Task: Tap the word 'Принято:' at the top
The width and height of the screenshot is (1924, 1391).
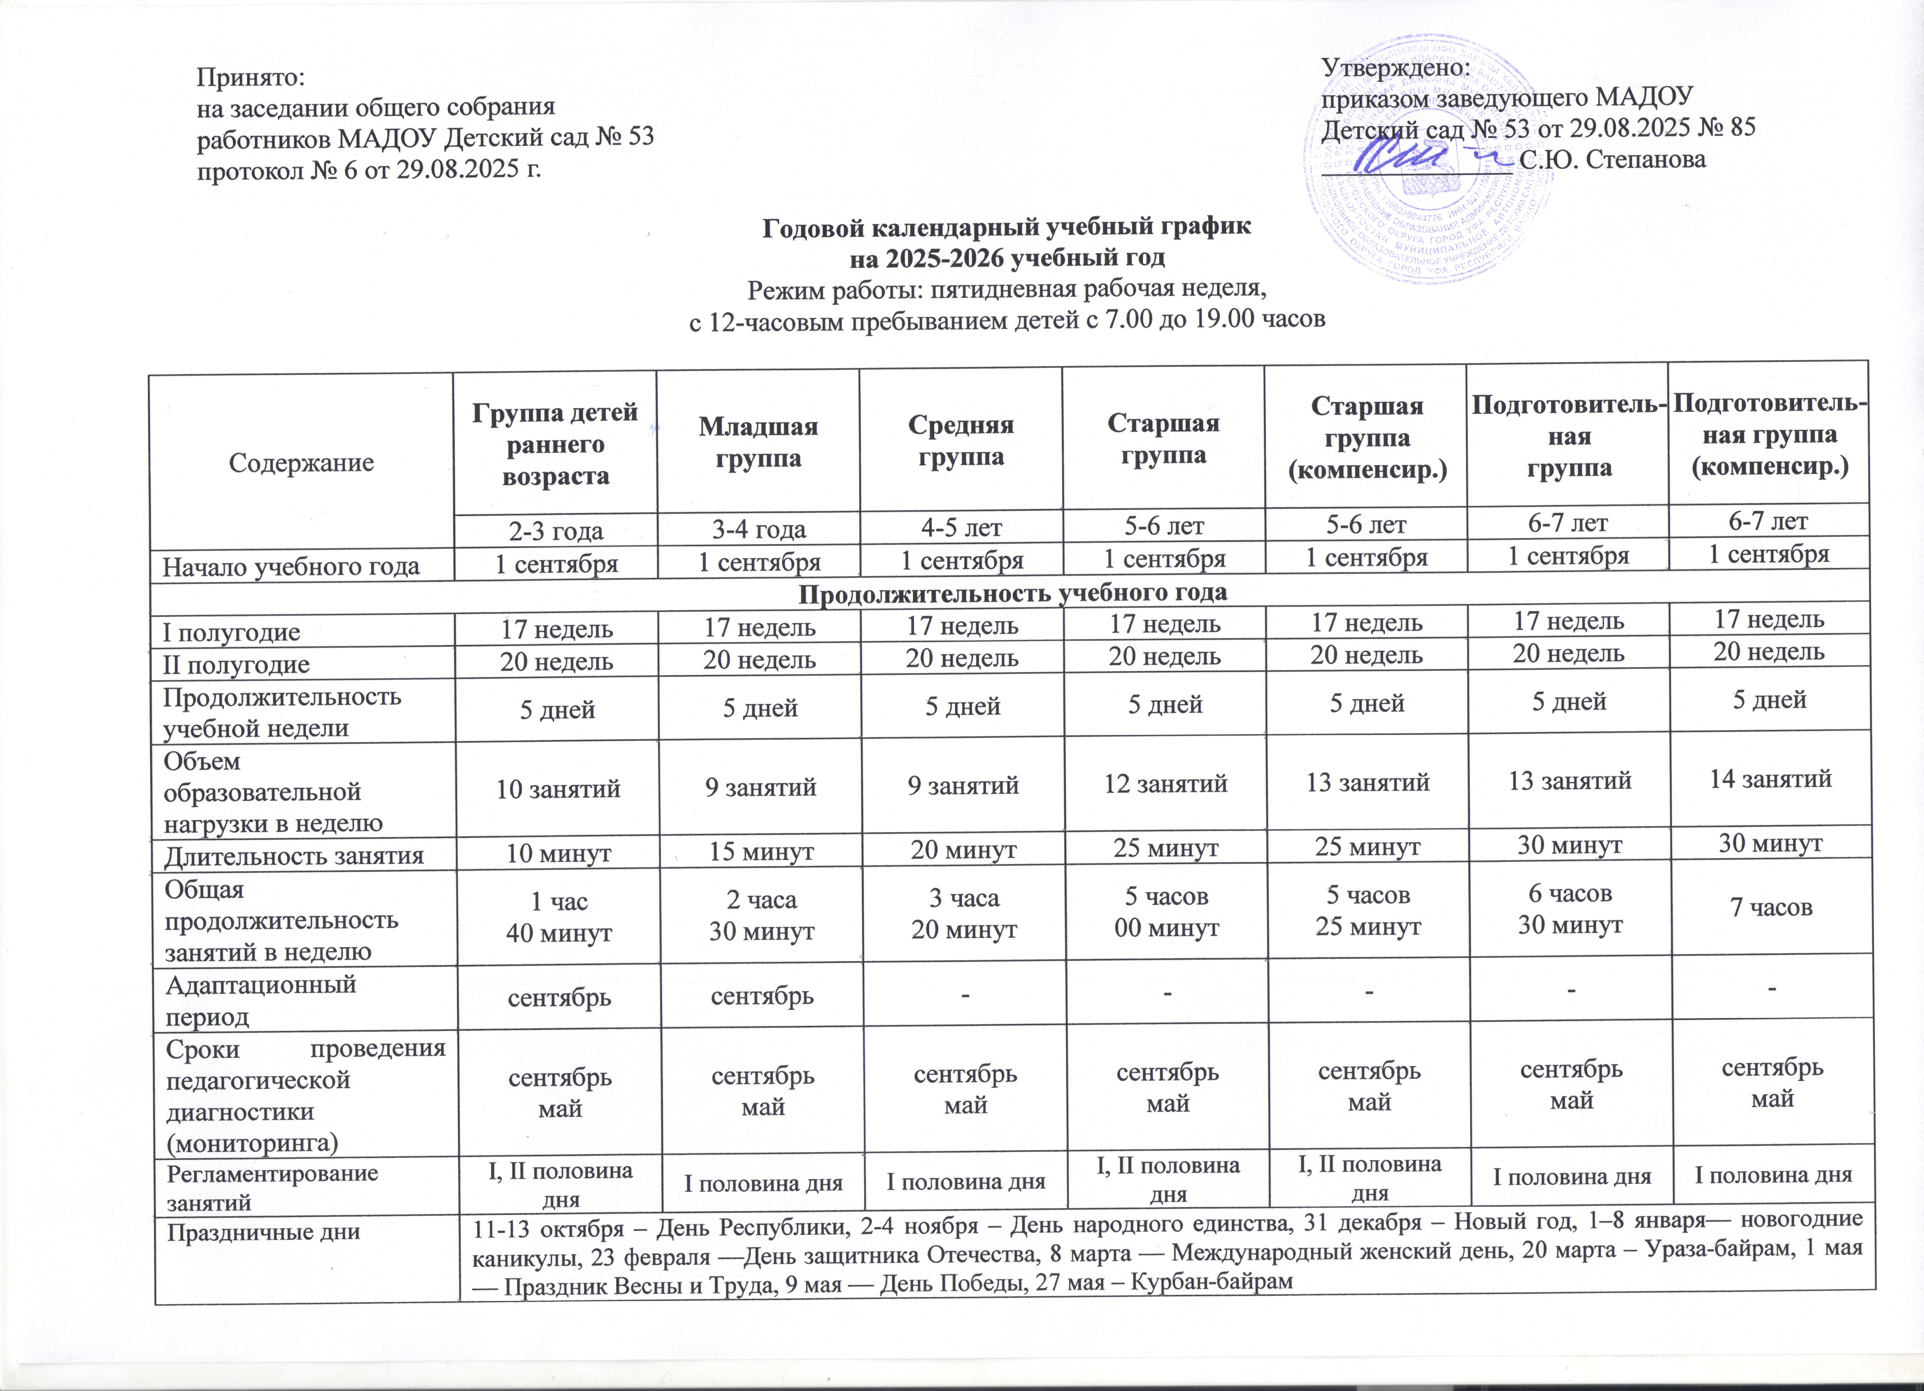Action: [x=250, y=77]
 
